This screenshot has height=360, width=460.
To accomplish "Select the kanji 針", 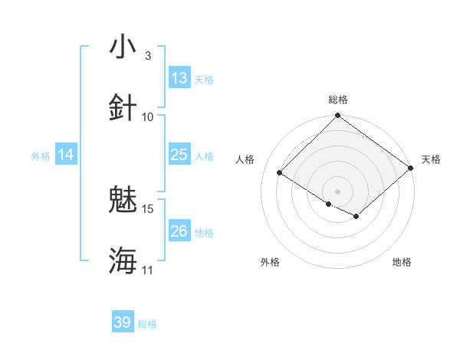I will pos(123,108).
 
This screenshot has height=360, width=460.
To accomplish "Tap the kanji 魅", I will pos(123,201).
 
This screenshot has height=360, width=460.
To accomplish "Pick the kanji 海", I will pos(123,260).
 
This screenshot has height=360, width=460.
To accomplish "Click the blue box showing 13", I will pos(179,78).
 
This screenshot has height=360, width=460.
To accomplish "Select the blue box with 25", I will pos(179,155).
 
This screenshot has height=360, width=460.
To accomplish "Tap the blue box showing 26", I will pos(179,231).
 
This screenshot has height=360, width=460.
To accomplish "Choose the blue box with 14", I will pos(66,155).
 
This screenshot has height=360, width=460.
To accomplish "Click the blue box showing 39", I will pos(123,322).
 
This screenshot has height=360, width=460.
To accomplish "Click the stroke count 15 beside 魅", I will pos(148,208).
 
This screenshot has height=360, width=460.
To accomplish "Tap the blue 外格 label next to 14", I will pos(41,155).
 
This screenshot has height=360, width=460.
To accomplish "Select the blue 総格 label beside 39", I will pos(148,324).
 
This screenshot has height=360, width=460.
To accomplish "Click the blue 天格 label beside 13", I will pos(204,79).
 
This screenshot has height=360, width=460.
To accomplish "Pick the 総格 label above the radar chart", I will pos(338,100).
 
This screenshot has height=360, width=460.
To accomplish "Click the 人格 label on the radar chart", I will pos(245,159).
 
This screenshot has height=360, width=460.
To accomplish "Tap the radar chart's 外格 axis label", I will pos(270,262).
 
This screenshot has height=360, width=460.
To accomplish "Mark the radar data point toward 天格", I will pos(411,169).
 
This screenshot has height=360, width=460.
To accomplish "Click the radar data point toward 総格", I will pos(338,116).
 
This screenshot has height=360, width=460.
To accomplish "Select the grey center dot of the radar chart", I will pos(338,191).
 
